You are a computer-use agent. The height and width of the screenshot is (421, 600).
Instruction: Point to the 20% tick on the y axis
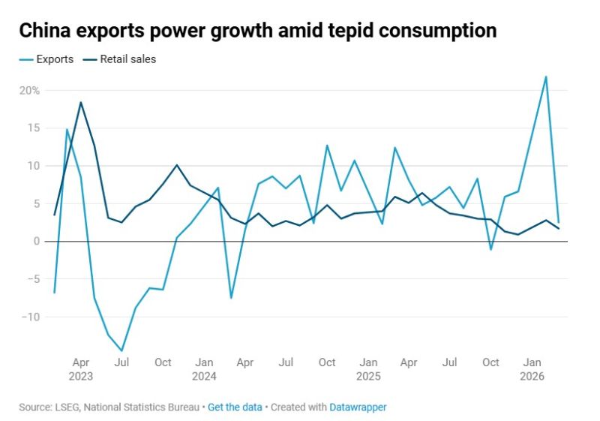click(x=30, y=90)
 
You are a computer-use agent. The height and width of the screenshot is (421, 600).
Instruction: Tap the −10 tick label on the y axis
click(x=28, y=317)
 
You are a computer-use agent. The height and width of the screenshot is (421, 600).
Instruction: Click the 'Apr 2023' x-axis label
click(x=80, y=369)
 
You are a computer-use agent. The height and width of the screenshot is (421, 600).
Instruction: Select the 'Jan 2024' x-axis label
click(x=204, y=369)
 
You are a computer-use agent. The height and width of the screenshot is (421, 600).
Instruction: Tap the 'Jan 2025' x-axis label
click(x=368, y=369)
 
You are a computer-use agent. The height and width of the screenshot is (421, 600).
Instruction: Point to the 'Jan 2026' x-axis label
click(x=532, y=369)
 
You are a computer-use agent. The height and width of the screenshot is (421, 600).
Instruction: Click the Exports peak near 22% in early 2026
click(x=545, y=77)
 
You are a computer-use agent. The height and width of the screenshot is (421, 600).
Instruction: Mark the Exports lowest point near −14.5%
click(x=121, y=350)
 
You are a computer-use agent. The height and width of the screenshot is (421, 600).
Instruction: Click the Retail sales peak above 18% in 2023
click(x=80, y=102)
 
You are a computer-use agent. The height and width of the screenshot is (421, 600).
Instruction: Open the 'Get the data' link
click(x=235, y=407)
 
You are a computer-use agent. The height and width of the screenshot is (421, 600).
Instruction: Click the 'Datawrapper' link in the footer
click(x=358, y=407)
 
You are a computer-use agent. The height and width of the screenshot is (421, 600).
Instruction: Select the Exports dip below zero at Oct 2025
click(x=490, y=249)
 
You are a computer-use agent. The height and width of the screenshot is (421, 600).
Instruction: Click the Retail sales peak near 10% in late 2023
click(x=176, y=165)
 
